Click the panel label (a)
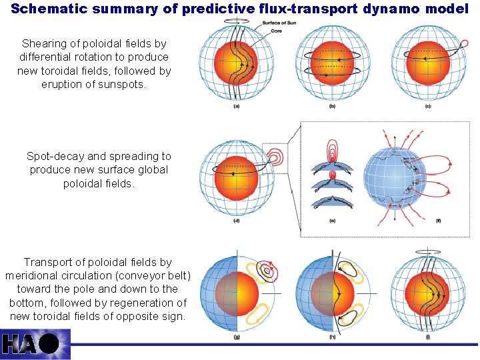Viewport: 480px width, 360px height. [x=236, y=107]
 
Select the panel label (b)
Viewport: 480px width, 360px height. [x=331, y=107]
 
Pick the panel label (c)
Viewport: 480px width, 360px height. [x=427, y=107]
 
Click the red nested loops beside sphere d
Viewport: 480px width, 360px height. [x=274, y=157]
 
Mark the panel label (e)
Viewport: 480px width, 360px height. [x=333, y=221]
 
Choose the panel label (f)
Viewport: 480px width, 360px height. [x=438, y=221]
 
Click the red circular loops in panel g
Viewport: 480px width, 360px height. [x=267, y=271]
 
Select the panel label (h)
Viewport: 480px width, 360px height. [x=331, y=337]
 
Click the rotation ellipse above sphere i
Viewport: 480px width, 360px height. [x=427, y=252]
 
